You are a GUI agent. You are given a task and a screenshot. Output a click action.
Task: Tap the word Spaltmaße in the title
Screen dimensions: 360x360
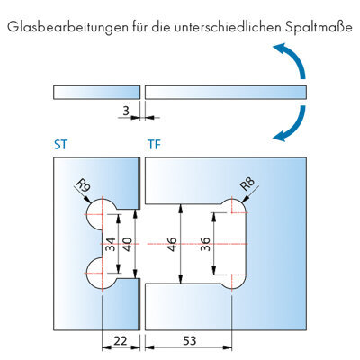tap(319, 28)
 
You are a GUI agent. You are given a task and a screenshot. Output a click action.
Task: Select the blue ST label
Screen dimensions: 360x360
tap(61, 145)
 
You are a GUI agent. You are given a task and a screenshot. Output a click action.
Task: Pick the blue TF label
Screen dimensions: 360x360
tap(154, 145)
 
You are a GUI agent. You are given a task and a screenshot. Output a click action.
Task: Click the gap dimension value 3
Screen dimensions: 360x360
tap(126, 111)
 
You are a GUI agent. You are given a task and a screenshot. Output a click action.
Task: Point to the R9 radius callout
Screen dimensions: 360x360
tap(84, 186)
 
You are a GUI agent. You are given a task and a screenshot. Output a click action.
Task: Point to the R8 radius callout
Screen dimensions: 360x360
tap(247, 184)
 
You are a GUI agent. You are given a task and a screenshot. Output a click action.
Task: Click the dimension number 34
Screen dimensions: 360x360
tap(110, 244)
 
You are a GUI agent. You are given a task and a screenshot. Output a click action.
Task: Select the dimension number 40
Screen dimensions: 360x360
tap(128, 244)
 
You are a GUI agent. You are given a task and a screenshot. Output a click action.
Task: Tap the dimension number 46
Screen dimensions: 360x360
tap(172, 244)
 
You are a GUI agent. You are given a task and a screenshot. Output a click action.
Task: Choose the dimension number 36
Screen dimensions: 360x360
tap(205, 244)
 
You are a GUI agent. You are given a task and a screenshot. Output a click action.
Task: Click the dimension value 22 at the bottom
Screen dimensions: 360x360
tap(121, 341)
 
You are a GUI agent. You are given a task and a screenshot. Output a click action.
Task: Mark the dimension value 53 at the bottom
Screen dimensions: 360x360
tap(190, 341)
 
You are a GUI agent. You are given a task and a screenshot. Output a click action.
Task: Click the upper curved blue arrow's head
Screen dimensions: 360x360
tap(280, 49)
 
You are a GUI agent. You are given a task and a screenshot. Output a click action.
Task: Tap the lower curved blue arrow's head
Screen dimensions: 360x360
tap(280, 136)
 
